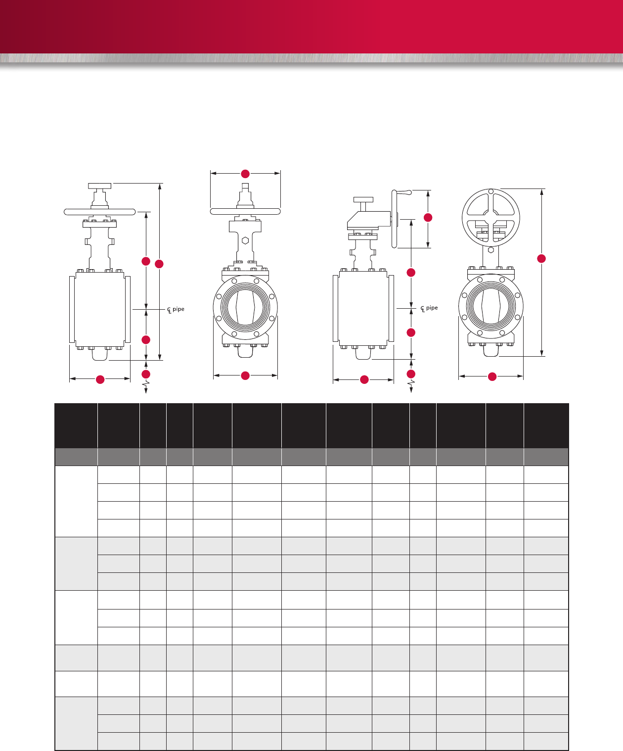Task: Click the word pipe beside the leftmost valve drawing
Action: (178, 309)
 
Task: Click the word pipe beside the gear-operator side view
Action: (432, 308)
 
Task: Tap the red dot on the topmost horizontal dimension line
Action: (245, 174)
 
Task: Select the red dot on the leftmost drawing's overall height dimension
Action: (159, 264)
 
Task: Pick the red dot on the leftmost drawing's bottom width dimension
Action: (100, 379)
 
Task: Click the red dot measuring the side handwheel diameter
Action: (428, 218)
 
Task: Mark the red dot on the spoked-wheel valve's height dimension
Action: (541, 259)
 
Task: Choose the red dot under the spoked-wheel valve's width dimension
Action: (492, 376)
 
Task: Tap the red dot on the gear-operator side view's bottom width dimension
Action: (364, 379)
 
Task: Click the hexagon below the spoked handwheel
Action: (490, 250)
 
